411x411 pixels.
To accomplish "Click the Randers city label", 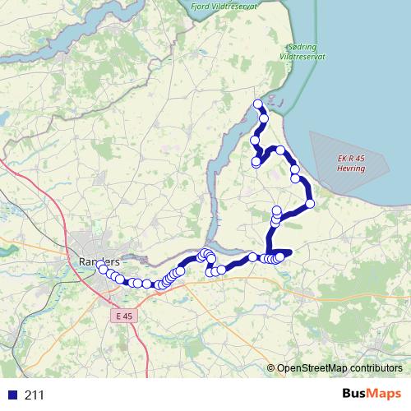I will tap(98, 260).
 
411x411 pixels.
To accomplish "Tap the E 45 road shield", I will tap(123, 315).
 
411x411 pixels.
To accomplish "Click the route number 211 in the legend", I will tap(34, 395).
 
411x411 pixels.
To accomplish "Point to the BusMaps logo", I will tap(371, 394).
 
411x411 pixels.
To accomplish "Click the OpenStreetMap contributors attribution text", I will tap(339, 367).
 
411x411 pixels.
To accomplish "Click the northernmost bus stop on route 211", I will tap(258, 104).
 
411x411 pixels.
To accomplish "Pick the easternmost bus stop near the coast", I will tap(310, 203).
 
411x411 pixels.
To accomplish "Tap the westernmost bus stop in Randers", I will tap(103, 269).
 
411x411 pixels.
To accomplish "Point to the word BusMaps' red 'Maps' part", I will tap(386, 394).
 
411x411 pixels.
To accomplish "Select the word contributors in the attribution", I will tap(374, 367).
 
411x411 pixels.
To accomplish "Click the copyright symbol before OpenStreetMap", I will tap(271, 367).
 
